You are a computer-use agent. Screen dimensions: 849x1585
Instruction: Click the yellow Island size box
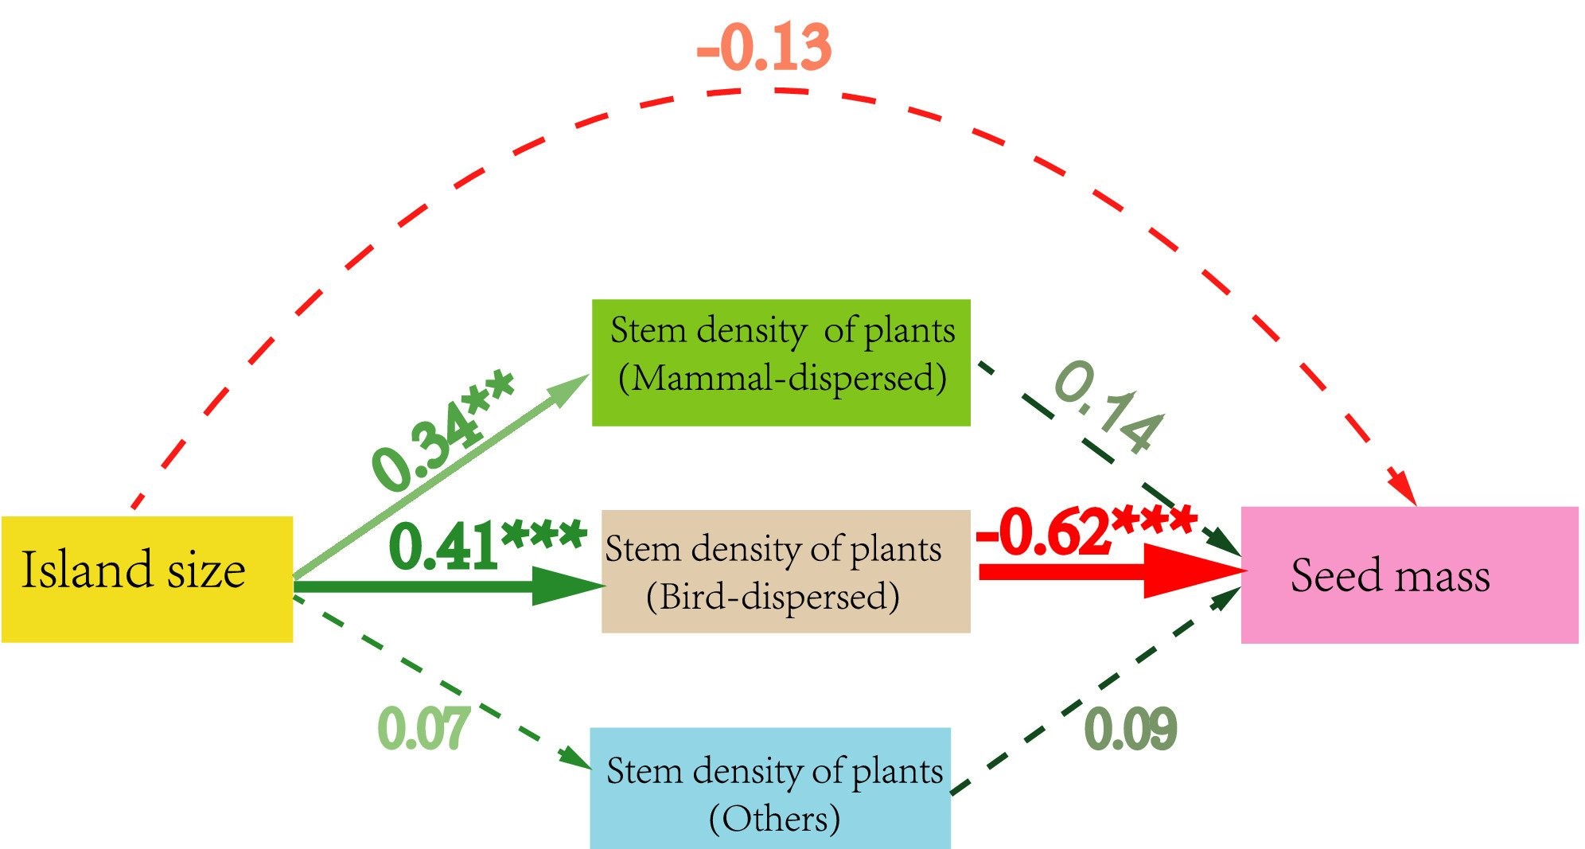(x=147, y=578)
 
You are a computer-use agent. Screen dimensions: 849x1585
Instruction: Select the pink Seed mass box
(x=1408, y=574)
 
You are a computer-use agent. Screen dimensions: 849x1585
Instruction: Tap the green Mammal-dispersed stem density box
(x=781, y=363)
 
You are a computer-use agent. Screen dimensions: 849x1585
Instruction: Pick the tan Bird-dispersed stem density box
(x=785, y=571)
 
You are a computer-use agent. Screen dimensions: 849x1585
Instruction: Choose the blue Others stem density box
(x=769, y=788)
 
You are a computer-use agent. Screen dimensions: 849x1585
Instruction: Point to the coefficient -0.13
(x=764, y=48)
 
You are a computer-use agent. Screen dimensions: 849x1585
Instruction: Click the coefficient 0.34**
(x=442, y=430)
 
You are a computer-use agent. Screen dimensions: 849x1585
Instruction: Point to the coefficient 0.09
(x=1131, y=729)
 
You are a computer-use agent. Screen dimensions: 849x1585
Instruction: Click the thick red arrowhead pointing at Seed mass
(x=1190, y=571)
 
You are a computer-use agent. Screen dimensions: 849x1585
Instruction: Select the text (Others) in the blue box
(x=774, y=818)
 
